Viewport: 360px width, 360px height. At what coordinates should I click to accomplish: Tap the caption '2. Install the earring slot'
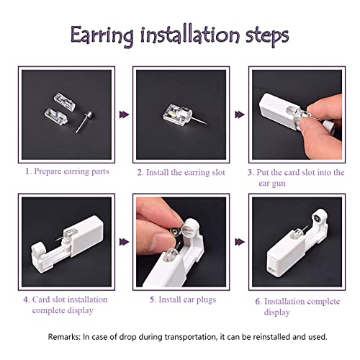click(181, 173)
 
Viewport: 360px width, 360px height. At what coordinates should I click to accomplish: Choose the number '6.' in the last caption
click(256, 301)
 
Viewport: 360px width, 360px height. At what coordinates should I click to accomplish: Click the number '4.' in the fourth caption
click(27, 299)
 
